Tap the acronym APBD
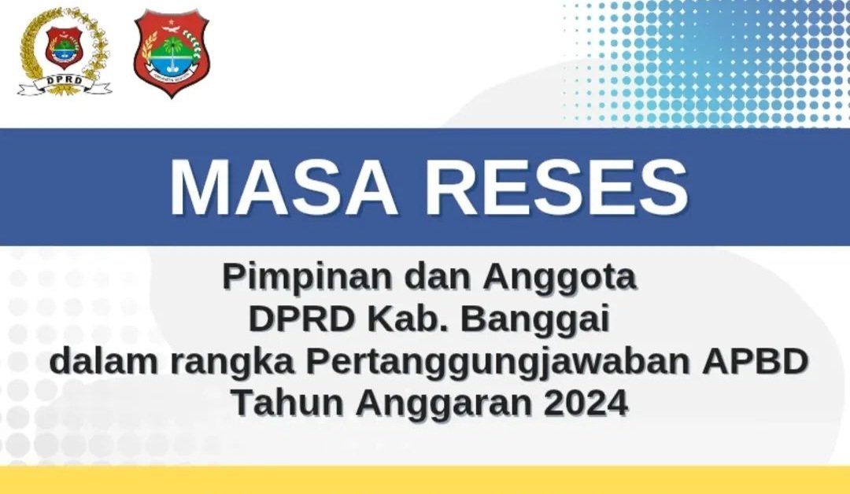click(x=754, y=362)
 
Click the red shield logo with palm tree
click(x=172, y=53)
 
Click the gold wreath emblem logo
click(x=65, y=51)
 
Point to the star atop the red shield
click(x=172, y=23)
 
